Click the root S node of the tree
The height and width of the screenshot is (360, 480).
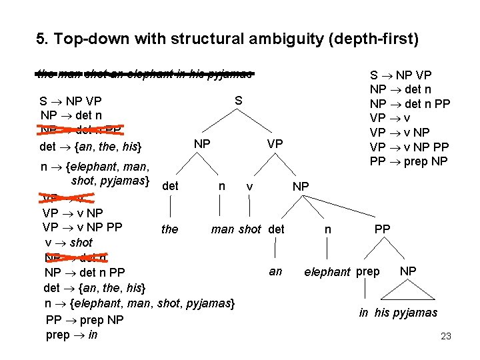(x=238, y=101)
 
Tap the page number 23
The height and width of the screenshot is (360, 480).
(x=446, y=337)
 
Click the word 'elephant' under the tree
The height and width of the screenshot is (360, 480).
(x=327, y=272)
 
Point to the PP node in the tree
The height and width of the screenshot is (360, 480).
(x=382, y=229)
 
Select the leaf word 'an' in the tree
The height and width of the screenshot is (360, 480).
(x=275, y=271)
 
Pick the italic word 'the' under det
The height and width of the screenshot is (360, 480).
(x=170, y=229)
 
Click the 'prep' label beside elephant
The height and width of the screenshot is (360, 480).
(x=368, y=272)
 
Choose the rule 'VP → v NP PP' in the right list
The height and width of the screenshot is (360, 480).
(x=409, y=147)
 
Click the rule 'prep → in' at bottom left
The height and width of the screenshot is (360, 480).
(x=72, y=334)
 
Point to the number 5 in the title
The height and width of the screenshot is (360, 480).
(x=40, y=39)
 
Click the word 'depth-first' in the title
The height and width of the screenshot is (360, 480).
(x=377, y=39)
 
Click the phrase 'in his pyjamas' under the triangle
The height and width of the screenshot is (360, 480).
(x=398, y=313)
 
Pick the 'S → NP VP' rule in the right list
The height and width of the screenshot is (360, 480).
(x=401, y=75)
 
